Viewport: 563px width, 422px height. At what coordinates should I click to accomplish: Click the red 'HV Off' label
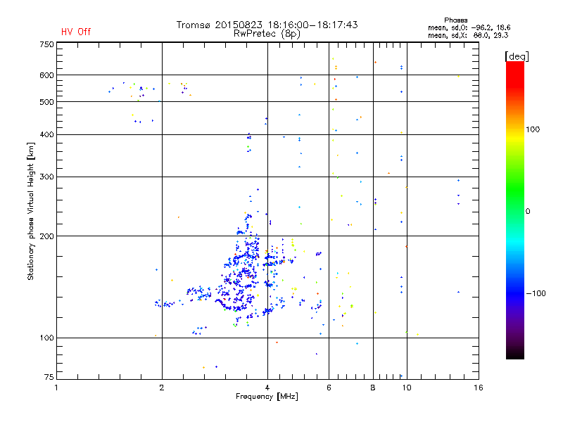(x=75, y=32)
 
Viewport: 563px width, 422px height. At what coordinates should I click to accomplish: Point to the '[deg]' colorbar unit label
(x=517, y=56)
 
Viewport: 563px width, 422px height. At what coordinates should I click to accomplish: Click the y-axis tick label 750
(x=46, y=44)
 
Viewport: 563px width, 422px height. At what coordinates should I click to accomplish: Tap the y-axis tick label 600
(x=46, y=75)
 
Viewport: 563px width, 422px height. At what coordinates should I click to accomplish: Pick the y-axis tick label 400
(x=46, y=134)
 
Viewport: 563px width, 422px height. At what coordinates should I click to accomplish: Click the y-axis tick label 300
(x=46, y=177)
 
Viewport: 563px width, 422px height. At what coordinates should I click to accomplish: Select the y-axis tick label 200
(x=46, y=236)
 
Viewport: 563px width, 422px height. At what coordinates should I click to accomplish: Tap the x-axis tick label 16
(x=479, y=387)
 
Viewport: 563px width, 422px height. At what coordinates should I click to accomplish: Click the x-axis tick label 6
(x=329, y=387)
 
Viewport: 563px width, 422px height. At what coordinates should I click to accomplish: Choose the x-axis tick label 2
(x=162, y=387)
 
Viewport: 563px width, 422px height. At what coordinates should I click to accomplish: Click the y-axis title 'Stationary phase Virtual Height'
(x=31, y=211)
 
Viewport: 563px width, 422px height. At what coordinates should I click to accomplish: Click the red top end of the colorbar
(x=514, y=65)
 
